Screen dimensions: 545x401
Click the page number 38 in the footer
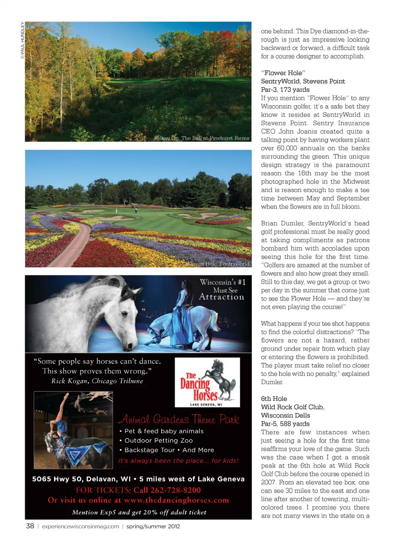click(30, 526)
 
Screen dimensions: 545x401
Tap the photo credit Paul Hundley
click(23, 41)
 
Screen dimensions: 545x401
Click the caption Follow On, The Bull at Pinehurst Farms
click(201, 138)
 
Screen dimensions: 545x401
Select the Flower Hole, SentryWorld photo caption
click(218, 264)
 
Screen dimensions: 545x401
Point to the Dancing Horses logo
click(207, 382)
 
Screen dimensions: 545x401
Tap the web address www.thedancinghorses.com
click(176, 500)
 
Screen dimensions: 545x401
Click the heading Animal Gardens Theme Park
click(179, 419)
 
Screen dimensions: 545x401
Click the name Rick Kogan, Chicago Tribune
click(97, 381)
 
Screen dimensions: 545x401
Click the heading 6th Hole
click(274, 398)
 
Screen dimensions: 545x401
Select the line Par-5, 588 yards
click(285, 423)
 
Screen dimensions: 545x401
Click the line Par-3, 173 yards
click(285, 89)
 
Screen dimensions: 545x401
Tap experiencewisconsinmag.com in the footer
click(80, 526)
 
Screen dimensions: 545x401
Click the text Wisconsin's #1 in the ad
click(222, 282)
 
